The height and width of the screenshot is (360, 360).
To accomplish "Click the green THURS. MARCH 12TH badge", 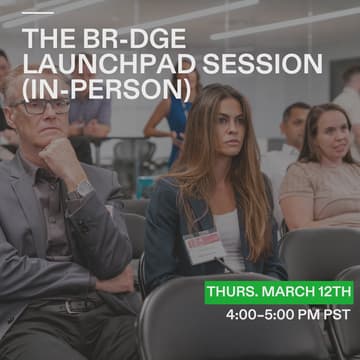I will (x=280, y=292).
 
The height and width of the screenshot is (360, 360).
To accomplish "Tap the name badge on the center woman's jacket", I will (x=202, y=243).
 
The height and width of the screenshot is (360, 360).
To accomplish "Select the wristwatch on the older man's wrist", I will (x=79, y=189).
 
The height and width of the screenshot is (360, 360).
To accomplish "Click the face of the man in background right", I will (x=294, y=124).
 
